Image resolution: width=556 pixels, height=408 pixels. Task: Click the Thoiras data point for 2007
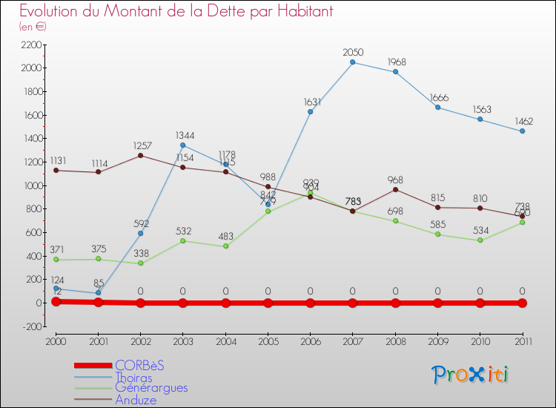pos(353,62)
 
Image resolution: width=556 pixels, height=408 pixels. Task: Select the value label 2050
pos(353,52)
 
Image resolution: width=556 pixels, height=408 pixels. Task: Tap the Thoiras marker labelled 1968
pos(395,72)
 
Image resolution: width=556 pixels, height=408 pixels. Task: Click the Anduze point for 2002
pos(141,155)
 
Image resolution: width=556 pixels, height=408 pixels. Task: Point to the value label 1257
pos(141,145)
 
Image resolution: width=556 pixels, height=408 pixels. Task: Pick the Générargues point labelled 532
pos(183,240)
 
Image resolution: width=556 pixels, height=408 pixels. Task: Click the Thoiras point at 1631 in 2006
pos(311,111)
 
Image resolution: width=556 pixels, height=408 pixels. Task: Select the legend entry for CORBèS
pos(139,365)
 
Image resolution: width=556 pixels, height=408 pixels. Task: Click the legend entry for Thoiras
pos(133,378)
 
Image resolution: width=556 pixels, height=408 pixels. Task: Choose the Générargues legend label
pos(151,388)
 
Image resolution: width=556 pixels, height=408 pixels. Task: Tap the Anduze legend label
pos(136,400)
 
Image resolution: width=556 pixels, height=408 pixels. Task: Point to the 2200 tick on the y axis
pos(32,45)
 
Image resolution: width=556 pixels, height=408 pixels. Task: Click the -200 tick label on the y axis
pos(32,326)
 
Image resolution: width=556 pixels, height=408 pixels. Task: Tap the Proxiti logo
pos(471,375)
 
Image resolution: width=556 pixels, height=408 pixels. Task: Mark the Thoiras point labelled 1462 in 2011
pos(523,131)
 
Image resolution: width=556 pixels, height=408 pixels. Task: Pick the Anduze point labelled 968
pos(395,189)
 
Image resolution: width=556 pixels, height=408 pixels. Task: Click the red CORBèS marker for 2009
pos(438,303)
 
